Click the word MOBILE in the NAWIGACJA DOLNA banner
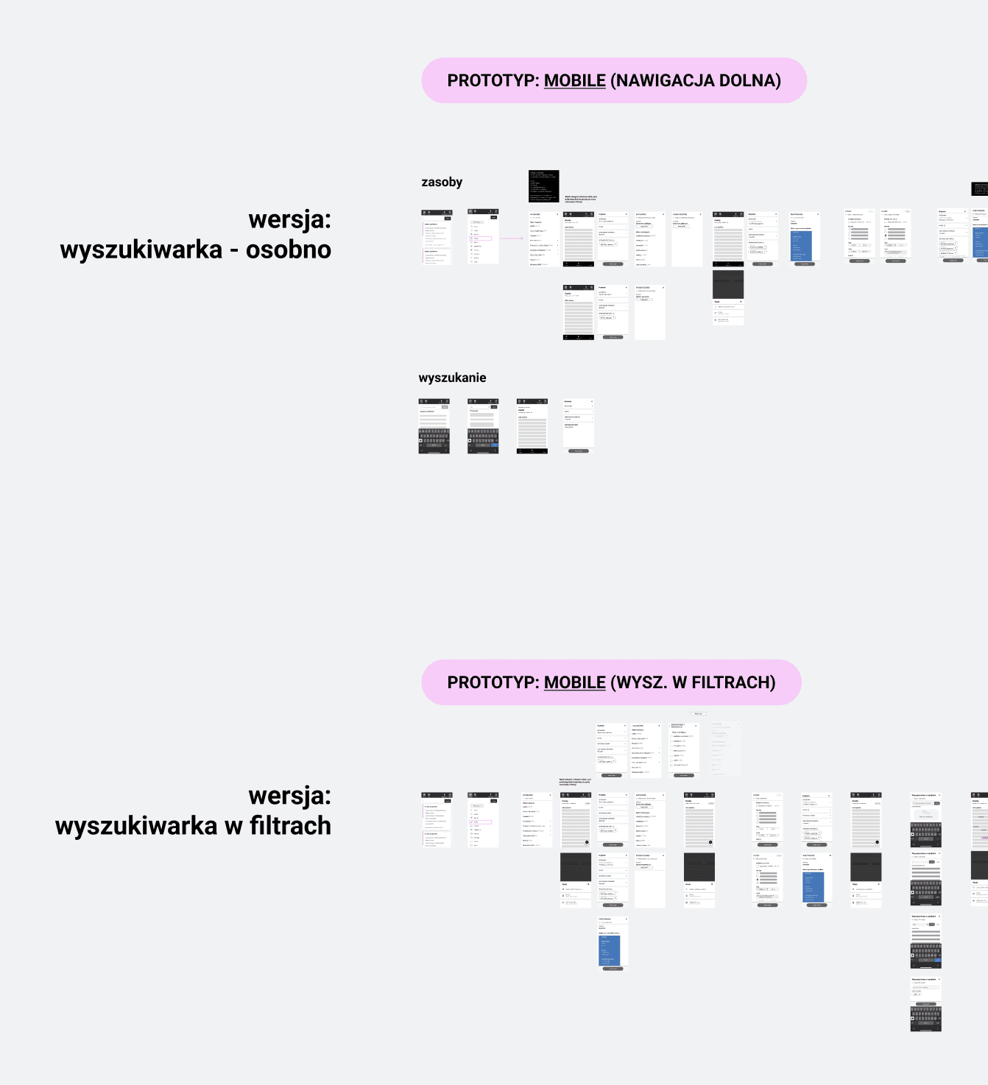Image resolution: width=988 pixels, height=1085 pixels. tap(574, 80)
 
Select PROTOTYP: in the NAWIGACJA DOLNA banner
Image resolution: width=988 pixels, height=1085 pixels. tap(493, 80)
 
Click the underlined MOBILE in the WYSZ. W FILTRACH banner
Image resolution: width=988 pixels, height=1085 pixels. tap(574, 682)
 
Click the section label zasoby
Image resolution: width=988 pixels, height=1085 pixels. tap(442, 182)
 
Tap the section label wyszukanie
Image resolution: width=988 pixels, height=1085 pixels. tap(452, 378)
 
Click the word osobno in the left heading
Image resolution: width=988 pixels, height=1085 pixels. tap(288, 250)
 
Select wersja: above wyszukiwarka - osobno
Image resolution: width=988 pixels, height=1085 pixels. tap(289, 219)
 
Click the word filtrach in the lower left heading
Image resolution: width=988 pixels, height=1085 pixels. tap(290, 826)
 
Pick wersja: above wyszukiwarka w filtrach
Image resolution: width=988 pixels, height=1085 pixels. tap(289, 795)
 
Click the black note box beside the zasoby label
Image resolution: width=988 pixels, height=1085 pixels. tap(543, 186)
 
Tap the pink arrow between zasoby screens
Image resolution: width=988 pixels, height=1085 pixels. tap(511, 238)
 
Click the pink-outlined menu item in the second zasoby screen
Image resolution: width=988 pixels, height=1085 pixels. tap(481, 238)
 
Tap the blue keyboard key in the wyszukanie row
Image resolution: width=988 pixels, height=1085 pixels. tap(495, 445)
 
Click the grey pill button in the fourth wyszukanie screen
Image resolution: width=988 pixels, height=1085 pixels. tap(578, 450)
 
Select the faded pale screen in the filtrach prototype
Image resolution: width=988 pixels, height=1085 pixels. tap(725, 748)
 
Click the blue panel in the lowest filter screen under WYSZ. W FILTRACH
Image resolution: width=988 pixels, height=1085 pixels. tap(610, 950)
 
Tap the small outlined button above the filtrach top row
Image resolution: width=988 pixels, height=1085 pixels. tap(698, 713)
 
